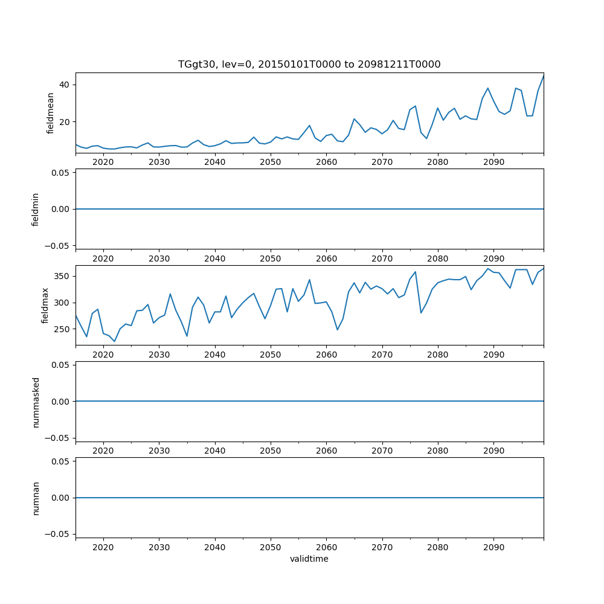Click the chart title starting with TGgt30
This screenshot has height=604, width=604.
tap(309, 64)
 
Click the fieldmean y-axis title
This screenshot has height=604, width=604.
tap(51, 113)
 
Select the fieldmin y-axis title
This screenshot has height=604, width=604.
tap(36, 209)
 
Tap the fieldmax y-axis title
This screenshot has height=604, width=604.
tap(45, 306)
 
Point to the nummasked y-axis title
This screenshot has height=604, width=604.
tap(36, 402)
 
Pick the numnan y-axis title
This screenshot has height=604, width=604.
tap(36, 498)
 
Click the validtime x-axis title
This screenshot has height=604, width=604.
tap(309, 559)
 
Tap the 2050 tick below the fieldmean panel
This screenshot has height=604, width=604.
tap(271, 162)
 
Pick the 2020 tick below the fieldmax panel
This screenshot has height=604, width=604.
tap(103, 355)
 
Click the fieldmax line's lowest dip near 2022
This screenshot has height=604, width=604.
tap(114, 342)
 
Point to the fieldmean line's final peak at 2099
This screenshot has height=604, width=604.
tap(543, 76)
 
